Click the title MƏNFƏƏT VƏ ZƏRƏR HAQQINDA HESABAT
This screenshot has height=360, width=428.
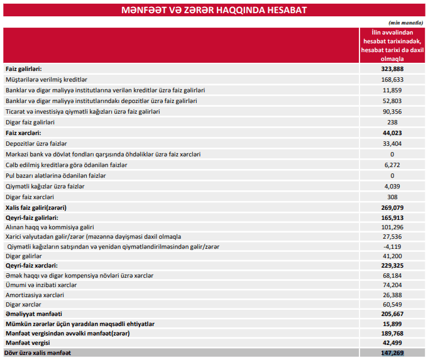[214, 11]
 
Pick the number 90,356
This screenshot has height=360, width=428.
[392, 111]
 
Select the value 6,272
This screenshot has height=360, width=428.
[392, 165]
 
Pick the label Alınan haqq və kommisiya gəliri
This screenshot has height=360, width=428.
[50, 227]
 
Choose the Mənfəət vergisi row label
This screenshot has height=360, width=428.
[28, 343]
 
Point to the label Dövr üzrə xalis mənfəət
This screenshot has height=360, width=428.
[38, 354]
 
